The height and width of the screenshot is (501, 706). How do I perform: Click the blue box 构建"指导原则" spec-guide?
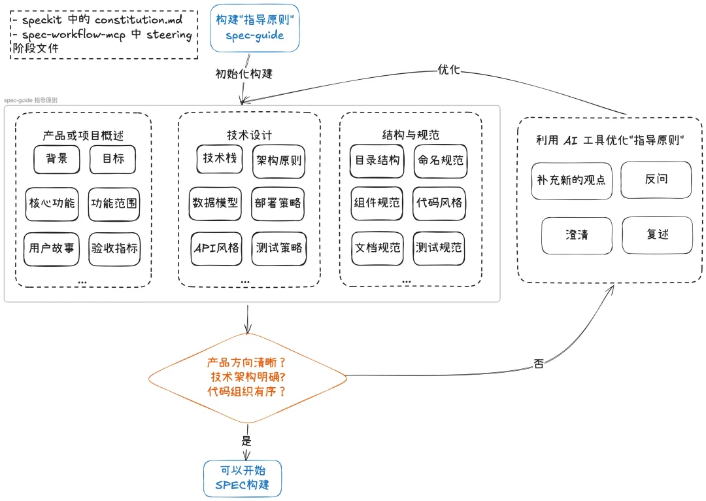(x=255, y=28)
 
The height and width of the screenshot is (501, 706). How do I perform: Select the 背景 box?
(x=57, y=159)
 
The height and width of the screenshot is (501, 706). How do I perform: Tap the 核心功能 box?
(x=52, y=204)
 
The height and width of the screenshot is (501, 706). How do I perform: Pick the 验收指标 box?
(x=114, y=249)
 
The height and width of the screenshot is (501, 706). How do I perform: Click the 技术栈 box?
(x=219, y=158)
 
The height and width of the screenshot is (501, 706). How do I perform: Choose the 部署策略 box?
(x=278, y=203)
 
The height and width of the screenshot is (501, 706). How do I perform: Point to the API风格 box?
(x=216, y=249)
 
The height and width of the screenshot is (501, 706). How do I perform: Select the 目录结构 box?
(x=377, y=161)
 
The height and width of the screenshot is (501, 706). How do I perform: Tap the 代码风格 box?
(x=439, y=203)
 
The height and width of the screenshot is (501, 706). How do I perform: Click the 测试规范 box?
(x=439, y=249)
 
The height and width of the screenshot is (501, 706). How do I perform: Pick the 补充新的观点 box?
(x=571, y=181)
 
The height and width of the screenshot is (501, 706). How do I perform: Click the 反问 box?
(x=656, y=180)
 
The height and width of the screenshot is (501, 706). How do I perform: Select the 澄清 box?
(x=577, y=235)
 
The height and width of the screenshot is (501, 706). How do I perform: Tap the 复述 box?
(x=658, y=235)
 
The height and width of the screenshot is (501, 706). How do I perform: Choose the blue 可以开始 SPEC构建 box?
(x=243, y=479)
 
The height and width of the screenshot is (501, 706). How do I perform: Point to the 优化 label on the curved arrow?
(x=449, y=69)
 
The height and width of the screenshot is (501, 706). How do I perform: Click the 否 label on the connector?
(x=539, y=363)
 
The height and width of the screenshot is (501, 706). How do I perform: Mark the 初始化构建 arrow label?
(x=244, y=73)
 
